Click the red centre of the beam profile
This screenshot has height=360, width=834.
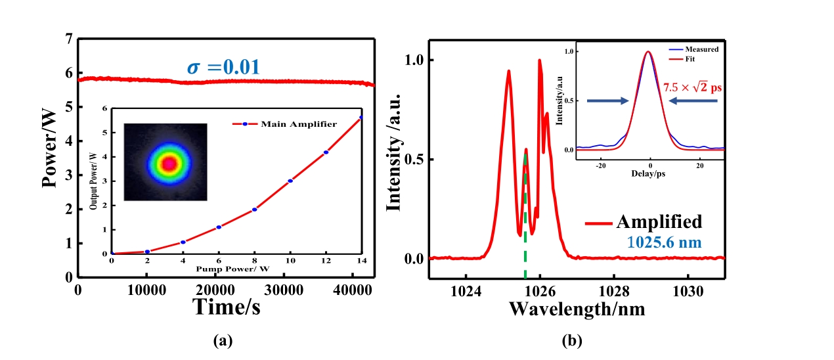point(169,164)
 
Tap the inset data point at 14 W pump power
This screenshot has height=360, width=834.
point(361,118)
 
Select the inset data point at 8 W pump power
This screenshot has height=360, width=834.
point(254,210)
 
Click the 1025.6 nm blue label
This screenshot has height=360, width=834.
point(664,243)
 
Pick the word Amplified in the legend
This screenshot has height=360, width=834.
point(659,221)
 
